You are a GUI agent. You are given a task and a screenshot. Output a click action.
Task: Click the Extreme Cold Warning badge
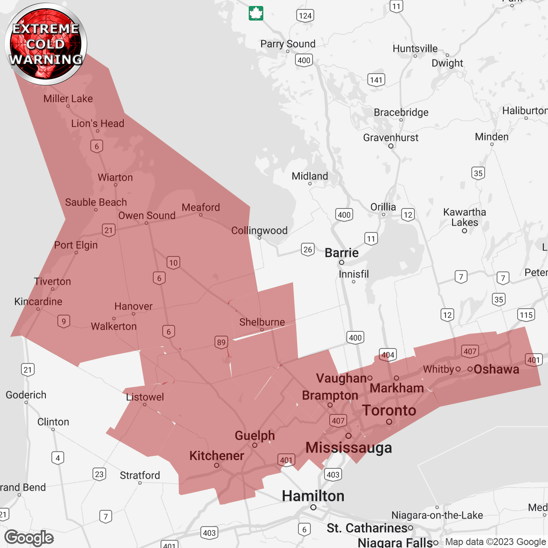click(x=46, y=44)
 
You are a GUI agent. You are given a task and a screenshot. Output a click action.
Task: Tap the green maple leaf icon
click(x=256, y=13)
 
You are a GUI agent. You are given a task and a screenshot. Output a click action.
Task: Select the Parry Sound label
click(x=288, y=44)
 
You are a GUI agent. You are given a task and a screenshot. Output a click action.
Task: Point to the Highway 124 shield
click(x=305, y=16)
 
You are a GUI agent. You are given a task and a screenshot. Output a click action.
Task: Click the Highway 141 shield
click(x=376, y=80)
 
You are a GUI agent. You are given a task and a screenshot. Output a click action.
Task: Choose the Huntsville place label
click(x=415, y=49)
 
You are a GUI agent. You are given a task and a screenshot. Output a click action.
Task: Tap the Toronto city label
click(x=389, y=411)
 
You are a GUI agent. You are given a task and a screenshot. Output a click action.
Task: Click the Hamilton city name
click(x=313, y=496)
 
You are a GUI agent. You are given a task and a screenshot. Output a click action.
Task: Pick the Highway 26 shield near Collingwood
click(x=308, y=249)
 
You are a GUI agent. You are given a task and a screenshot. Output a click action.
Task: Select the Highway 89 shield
click(x=221, y=342)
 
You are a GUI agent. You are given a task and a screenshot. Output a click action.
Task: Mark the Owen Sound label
click(x=147, y=215)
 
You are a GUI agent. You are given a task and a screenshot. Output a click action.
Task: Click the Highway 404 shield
click(x=388, y=355)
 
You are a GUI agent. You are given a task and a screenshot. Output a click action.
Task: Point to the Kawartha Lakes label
click(x=465, y=217)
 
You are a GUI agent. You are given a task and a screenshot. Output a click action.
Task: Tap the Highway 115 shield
click(x=526, y=315)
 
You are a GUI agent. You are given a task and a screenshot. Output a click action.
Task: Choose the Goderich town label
click(x=26, y=395)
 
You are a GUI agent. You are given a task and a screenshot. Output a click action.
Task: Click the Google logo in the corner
click(x=29, y=538)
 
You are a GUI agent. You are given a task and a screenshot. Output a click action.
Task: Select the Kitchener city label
click(x=217, y=456)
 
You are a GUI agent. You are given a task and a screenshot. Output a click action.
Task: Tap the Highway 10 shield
click(x=173, y=262)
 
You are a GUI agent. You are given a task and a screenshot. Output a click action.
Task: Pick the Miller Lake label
click(x=68, y=98)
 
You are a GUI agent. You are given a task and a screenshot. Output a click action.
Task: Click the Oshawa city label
click(x=496, y=369)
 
